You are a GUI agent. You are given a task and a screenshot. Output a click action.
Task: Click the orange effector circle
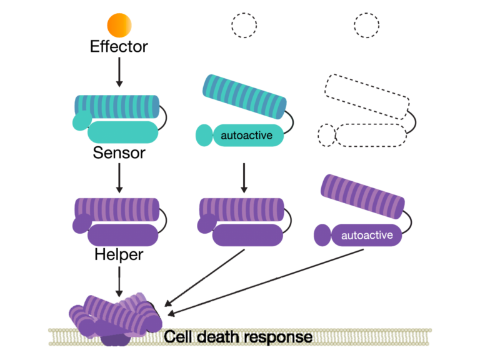pos(119,24)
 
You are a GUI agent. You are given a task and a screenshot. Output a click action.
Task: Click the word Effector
pos(119,47)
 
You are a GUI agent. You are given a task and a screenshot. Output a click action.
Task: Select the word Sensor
pos(119,152)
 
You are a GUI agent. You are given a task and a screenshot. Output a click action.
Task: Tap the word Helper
pos(119,255)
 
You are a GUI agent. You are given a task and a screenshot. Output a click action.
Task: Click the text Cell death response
pos(238,337)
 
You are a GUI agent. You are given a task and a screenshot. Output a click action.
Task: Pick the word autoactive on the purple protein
pos(367,235)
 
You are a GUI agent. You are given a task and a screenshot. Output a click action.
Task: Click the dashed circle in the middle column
pos(244,25)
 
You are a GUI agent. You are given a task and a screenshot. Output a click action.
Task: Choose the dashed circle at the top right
pos(366,25)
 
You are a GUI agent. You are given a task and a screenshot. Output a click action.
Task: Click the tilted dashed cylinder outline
pos(365,97)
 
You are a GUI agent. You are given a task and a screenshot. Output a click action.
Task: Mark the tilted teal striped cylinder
pos(244,97)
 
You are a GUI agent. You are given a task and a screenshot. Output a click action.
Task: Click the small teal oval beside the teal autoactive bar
pos(204,135)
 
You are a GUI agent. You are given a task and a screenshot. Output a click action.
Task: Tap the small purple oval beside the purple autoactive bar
pos(322,236)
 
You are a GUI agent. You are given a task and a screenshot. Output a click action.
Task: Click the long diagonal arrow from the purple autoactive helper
pos(269,281)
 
